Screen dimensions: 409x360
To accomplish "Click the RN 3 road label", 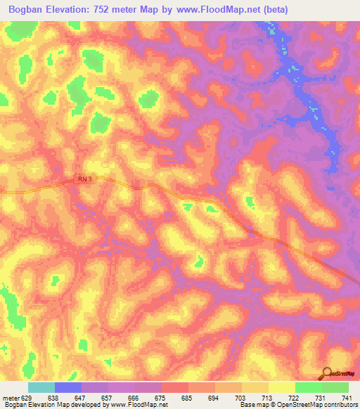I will (84, 179).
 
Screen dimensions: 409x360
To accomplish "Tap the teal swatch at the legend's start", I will (41, 388).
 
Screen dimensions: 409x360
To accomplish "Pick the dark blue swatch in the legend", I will (67, 388).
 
